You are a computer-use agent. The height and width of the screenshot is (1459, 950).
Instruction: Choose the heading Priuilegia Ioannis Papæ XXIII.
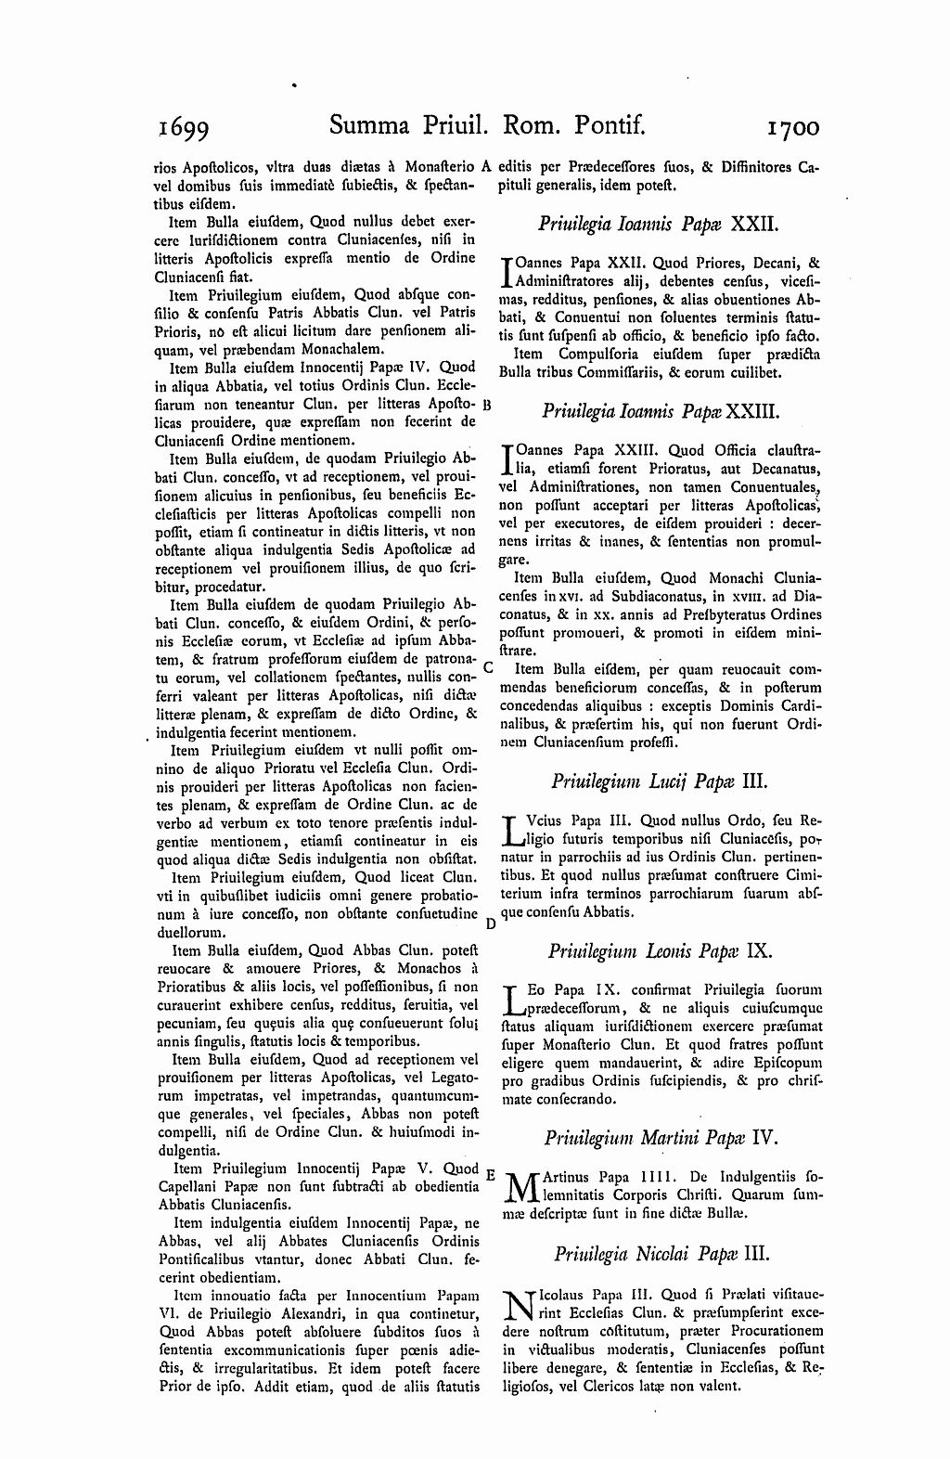click(660, 408)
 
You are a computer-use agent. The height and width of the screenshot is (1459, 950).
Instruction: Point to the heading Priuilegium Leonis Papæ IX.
click(660, 950)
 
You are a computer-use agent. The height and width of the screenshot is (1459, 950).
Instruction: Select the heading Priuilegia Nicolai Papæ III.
click(661, 1254)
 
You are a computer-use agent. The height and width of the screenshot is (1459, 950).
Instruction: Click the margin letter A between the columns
click(486, 168)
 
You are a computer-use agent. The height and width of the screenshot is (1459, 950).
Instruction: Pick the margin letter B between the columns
click(487, 406)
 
